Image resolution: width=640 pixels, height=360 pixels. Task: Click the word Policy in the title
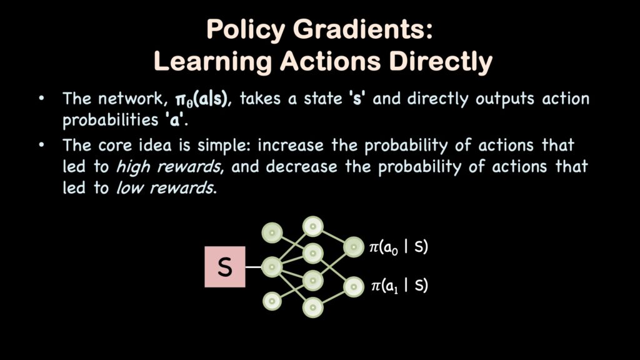pos(246,31)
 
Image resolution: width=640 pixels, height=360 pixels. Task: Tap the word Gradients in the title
pos(362,29)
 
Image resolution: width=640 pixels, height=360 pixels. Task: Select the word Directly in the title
pos(441,62)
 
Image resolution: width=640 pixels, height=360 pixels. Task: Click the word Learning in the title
pos(212,62)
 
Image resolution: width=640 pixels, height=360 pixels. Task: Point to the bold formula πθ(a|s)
pos(201,99)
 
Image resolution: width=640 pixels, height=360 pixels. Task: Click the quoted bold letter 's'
pos(357,99)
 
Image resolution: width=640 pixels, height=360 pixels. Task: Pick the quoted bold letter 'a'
pos(175,121)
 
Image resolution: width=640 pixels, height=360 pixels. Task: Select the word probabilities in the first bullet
pos(110,121)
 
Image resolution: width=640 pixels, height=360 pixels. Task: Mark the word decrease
pos(302,167)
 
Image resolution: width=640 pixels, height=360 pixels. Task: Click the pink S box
pos(225,267)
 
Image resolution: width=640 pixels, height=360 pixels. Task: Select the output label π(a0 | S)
pos(398,247)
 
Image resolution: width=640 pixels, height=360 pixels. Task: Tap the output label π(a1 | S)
pos(399,286)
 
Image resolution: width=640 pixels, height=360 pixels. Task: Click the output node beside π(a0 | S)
pos(354,247)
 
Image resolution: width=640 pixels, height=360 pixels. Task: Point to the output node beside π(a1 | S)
pos(354,287)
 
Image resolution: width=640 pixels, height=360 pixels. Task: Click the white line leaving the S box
pos(254,267)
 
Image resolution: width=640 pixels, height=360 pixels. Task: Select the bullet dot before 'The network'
pos(41,98)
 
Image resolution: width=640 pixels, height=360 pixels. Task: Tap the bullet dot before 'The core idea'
pos(41,145)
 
